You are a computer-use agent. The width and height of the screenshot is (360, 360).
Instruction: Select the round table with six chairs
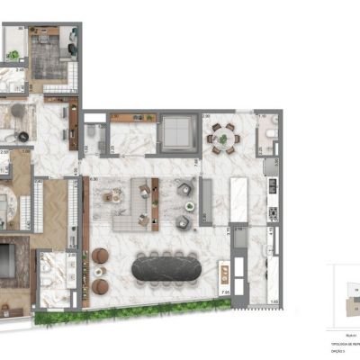222,137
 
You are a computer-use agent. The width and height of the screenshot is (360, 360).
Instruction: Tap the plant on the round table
222,137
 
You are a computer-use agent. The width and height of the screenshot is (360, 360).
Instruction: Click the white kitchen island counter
240,197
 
